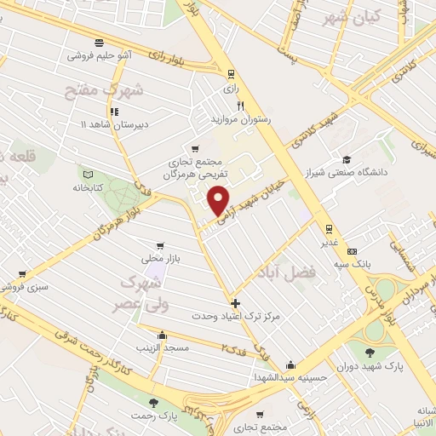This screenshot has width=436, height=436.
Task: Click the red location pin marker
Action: pos(220,201)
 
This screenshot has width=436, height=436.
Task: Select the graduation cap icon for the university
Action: pos(347,159)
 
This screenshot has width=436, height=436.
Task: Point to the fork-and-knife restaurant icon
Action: pos(240,106)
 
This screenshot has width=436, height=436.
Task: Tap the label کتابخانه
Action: pos(89,187)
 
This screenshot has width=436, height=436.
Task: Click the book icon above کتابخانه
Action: pos(84,172)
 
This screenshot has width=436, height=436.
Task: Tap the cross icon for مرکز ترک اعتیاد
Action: pos(236,303)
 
